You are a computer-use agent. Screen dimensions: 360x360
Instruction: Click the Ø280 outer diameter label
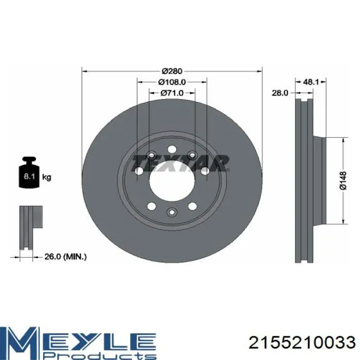coord(172,71)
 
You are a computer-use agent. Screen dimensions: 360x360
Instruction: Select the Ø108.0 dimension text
coord(172,82)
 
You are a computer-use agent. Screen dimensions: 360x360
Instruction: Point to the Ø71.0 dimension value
coord(172,93)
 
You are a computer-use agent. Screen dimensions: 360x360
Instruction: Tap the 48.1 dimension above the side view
coord(311,82)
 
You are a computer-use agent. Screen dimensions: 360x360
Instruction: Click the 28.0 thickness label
coord(280,93)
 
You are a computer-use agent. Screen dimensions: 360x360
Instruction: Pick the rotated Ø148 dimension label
coord(343,181)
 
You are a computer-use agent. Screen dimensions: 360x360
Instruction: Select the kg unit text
coord(47,177)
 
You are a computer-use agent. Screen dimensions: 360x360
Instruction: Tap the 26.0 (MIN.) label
coord(65,257)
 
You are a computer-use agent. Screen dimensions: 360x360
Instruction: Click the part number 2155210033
coord(302,343)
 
